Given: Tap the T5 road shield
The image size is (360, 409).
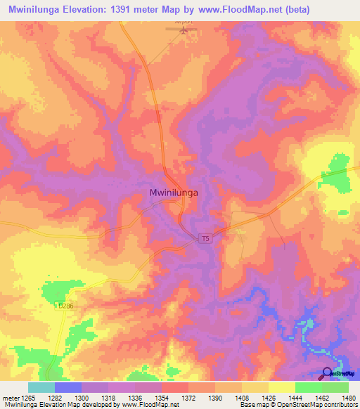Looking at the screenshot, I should (x=205, y=239).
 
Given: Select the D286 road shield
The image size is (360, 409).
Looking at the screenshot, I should (x=66, y=306).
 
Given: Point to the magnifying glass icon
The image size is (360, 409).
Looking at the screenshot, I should (x=328, y=374).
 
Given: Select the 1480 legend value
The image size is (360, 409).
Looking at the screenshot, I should (x=348, y=398).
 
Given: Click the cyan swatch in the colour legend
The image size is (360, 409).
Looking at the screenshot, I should (x=41, y=387).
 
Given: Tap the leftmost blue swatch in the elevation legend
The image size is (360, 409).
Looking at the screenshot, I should (x=68, y=387).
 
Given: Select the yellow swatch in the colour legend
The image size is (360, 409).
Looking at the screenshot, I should (x=281, y=387).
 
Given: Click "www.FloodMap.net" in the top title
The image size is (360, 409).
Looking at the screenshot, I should (x=237, y=11).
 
